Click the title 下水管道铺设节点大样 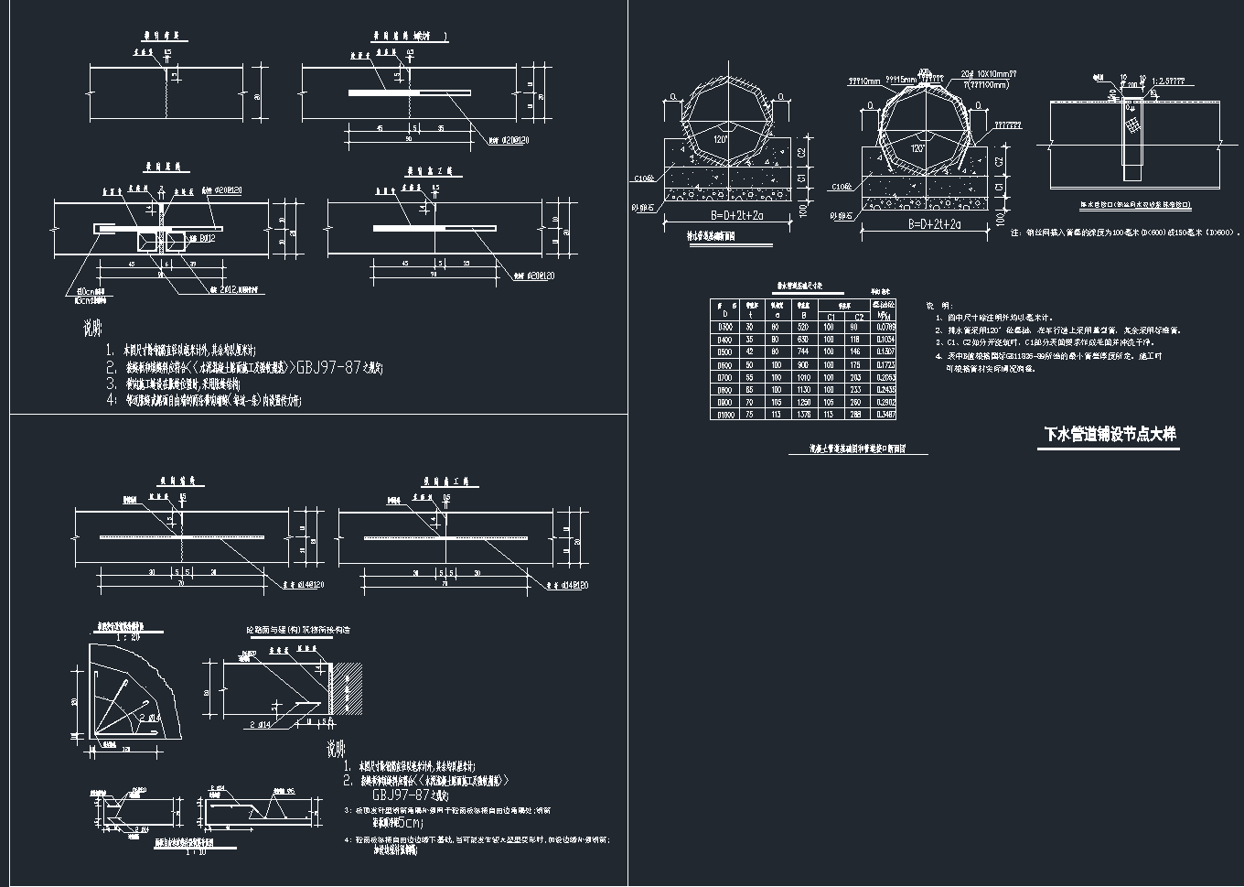(1110, 435)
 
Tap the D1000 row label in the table (724, 415)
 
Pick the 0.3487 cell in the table (885, 415)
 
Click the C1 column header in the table (829, 316)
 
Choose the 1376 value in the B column (803, 415)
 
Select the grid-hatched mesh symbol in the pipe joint (1134, 123)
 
